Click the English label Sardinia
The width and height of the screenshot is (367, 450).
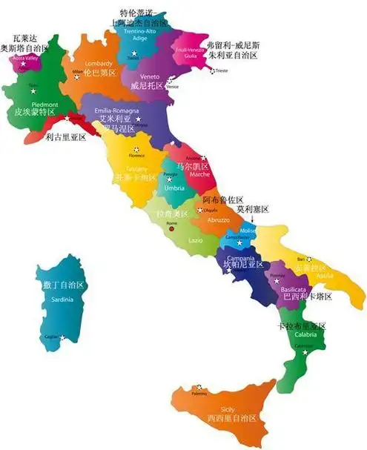click(x=62, y=299)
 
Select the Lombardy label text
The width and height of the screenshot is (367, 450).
click(x=99, y=63)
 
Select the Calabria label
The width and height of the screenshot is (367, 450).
click(x=305, y=334)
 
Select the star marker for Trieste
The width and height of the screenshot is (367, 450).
click(x=214, y=71)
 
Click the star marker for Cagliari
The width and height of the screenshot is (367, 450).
click(x=62, y=338)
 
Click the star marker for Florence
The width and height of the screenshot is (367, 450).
click(x=136, y=150)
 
